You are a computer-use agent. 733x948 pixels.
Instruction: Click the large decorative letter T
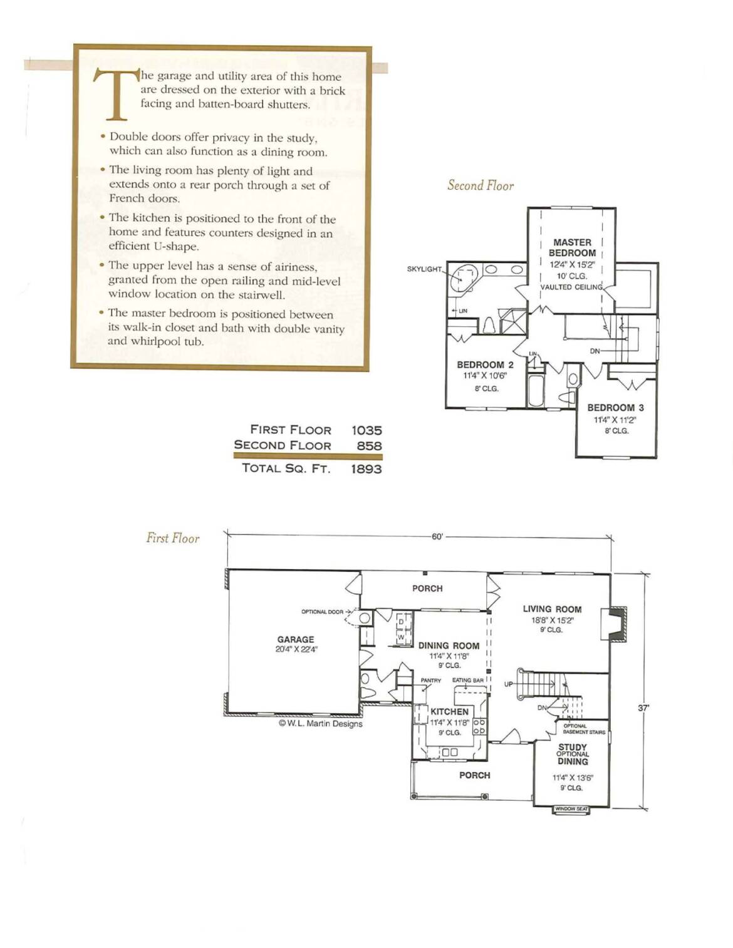click(x=117, y=94)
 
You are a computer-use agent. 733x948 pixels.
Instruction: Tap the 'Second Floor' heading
click(x=481, y=185)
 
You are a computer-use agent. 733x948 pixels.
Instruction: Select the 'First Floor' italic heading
click(x=173, y=538)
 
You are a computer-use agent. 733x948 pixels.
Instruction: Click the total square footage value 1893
click(x=366, y=469)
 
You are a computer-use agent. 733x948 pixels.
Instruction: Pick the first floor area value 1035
click(x=366, y=430)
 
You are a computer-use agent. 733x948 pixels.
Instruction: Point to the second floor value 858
click(x=369, y=446)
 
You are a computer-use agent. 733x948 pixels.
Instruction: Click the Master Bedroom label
click(x=572, y=248)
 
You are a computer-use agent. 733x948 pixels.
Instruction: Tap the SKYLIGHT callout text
click(x=424, y=269)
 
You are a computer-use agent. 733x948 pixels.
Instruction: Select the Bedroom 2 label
click(x=485, y=364)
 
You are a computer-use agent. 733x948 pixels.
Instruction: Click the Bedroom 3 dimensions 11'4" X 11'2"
click(x=615, y=420)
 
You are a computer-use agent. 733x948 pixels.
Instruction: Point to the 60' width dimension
click(x=437, y=537)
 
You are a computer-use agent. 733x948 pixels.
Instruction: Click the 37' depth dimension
click(x=643, y=708)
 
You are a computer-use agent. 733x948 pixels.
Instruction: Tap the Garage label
click(x=296, y=639)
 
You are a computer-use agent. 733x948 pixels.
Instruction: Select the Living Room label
click(x=552, y=609)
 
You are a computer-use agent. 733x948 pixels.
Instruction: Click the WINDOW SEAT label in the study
click(x=571, y=809)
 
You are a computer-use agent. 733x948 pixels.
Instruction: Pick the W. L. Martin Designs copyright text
click(x=321, y=724)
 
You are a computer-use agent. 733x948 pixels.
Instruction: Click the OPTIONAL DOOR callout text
click(x=322, y=612)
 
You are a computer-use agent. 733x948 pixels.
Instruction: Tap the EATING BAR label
click(x=468, y=680)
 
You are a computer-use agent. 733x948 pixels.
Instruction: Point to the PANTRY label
click(x=430, y=680)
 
